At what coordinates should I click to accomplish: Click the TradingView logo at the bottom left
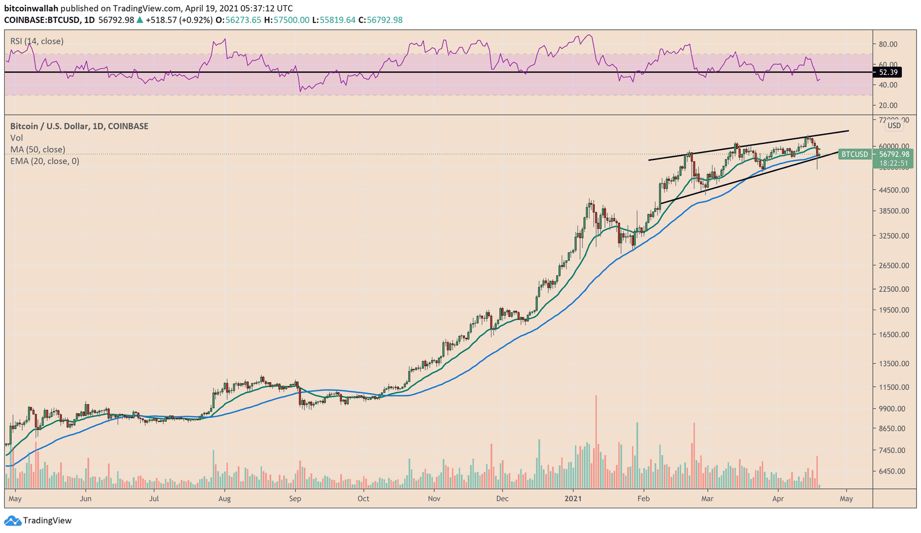point(39,520)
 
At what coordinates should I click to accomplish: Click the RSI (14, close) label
point(37,41)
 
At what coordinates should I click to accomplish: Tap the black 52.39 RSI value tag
point(887,72)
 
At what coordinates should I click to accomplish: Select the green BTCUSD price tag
point(854,154)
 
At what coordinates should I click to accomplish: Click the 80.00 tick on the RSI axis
point(888,44)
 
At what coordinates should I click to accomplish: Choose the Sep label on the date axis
point(295,498)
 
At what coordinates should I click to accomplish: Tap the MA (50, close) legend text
point(37,150)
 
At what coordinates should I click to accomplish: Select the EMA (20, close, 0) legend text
point(44,161)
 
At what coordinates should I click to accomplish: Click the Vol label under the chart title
point(17,138)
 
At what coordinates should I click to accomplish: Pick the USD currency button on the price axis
point(894,125)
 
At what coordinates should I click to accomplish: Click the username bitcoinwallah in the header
point(31,9)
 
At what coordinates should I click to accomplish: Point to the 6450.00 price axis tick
point(892,471)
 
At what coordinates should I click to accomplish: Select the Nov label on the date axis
point(434,498)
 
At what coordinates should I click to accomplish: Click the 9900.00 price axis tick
point(892,409)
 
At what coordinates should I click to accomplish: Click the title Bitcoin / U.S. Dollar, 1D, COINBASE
point(79,126)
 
